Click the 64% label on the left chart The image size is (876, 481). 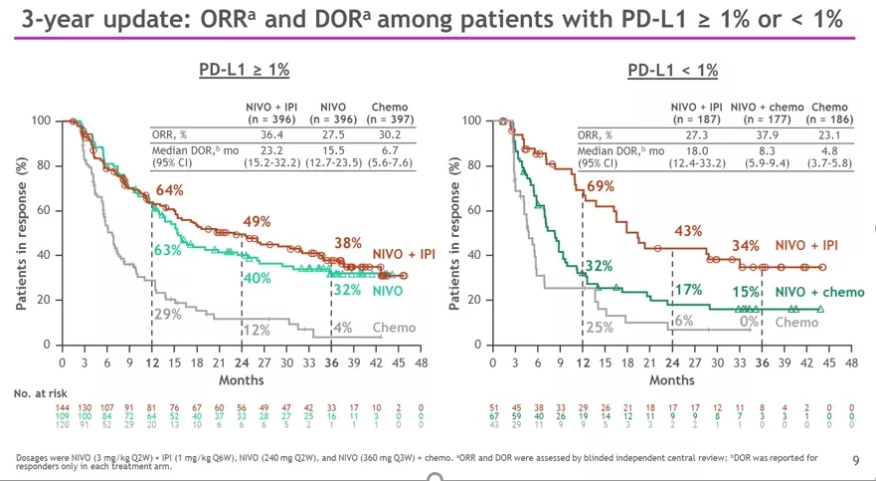click(169, 190)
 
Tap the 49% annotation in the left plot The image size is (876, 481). click(258, 221)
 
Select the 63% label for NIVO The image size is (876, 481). click(167, 249)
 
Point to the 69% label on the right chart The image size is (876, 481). click(600, 186)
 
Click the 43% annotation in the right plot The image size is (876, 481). click(688, 231)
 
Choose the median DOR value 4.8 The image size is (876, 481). click(830, 150)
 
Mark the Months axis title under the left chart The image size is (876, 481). click(242, 380)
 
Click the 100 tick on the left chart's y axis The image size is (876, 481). click(40, 120)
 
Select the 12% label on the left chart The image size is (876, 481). click(258, 330)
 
